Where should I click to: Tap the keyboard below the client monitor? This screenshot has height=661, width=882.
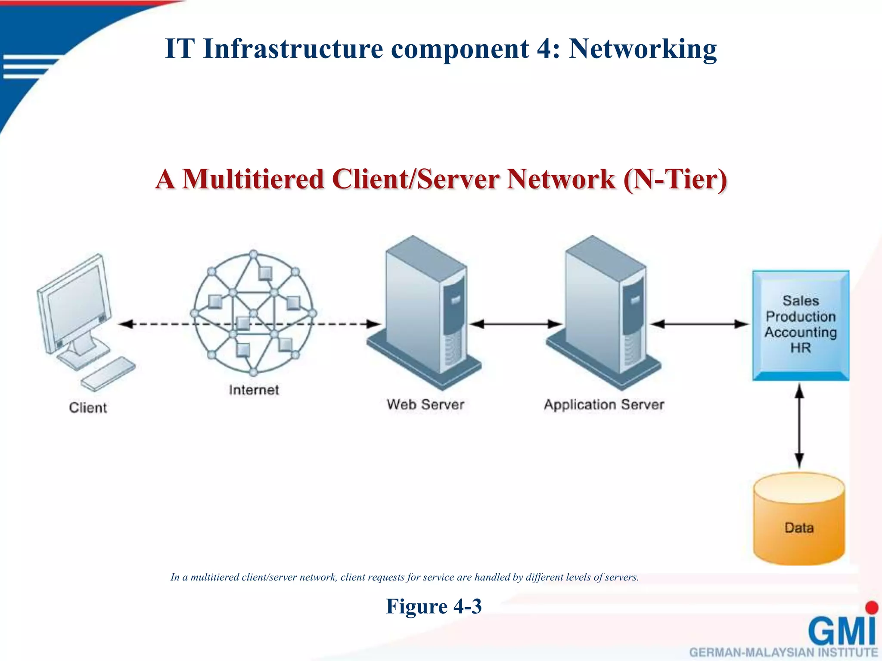click(108, 374)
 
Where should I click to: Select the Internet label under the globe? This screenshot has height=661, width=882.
click(254, 390)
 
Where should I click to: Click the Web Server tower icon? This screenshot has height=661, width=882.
click(424, 310)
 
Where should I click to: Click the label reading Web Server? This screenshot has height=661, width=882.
click(425, 405)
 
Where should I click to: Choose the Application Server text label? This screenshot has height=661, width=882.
click(604, 405)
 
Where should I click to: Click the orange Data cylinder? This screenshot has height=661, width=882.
click(799, 521)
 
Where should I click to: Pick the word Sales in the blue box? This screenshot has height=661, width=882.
click(801, 300)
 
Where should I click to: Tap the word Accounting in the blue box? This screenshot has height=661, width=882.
click(801, 332)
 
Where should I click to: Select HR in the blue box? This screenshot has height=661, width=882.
click(800, 348)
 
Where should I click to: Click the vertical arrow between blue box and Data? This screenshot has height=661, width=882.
click(799, 426)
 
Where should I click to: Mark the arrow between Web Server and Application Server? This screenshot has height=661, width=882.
click(515, 324)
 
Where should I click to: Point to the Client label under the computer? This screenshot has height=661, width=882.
click(88, 408)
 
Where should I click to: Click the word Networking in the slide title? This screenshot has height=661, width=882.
click(643, 49)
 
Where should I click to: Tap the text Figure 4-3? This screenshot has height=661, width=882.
click(434, 606)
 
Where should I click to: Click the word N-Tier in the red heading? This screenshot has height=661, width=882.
click(675, 179)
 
